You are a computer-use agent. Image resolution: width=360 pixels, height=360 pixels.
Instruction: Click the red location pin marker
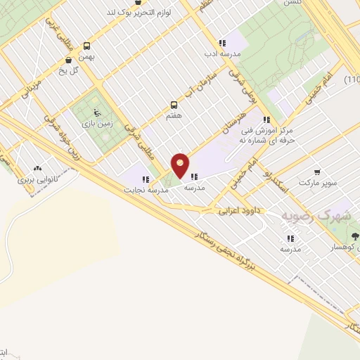tap(180, 165)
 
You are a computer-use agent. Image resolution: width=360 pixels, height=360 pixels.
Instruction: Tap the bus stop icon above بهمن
tap(86, 44)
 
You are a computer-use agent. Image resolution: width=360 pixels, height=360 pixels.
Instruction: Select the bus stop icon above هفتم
tap(174, 105)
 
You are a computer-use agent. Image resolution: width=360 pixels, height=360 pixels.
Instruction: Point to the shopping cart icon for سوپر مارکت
tap(318, 172)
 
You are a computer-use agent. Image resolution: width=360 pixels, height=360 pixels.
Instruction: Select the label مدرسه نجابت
tap(146, 190)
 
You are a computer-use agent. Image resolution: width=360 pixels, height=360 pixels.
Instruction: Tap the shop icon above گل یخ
tap(67, 60)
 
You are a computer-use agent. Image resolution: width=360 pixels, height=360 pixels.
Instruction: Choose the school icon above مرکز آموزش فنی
tap(266, 120)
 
